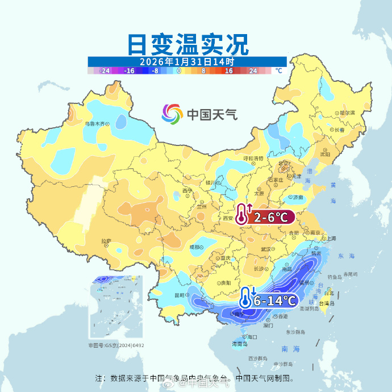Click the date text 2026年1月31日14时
pyautogui.click(x=187, y=61)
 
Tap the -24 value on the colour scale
pyautogui.click(x=105, y=71)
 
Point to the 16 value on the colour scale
pyautogui.click(x=228, y=71)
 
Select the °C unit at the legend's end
pyautogui.click(x=278, y=71)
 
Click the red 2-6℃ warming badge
pyautogui.click(x=274, y=216)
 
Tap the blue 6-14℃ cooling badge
pyautogui.click(x=275, y=300)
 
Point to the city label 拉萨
pyautogui.click(x=106, y=241)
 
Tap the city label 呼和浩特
pyautogui.click(x=253, y=158)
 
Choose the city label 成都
pyautogui.click(x=195, y=247)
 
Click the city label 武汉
pyautogui.click(x=266, y=249)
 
